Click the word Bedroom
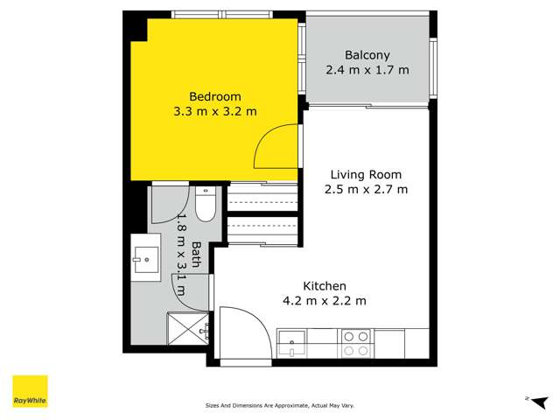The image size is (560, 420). click(x=214, y=96)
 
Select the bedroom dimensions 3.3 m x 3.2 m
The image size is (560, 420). click(x=214, y=111)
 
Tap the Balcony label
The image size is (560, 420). click(x=367, y=54)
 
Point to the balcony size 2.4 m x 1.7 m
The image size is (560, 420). click(x=367, y=70)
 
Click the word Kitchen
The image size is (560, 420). click(x=325, y=286)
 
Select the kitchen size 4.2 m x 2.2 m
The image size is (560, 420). click(x=325, y=301)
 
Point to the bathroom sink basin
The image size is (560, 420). click(x=146, y=256)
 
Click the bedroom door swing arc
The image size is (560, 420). click(x=276, y=147)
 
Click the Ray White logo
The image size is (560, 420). click(x=30, y=391)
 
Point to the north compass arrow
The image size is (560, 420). click(x=528, y=398)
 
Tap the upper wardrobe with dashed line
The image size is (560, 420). click(x=263, y=200)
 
